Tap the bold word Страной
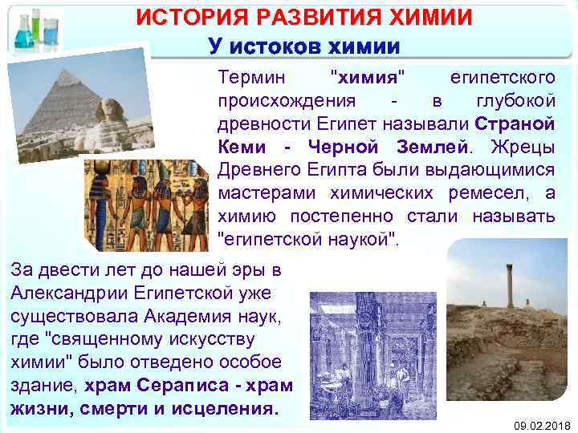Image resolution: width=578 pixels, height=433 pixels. (x=515, y=125)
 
